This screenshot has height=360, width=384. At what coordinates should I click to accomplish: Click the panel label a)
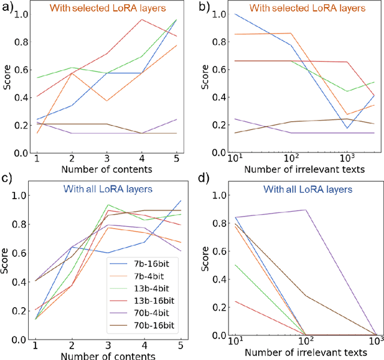click(7, 8)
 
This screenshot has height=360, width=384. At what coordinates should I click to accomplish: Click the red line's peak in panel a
click(142, 19)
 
